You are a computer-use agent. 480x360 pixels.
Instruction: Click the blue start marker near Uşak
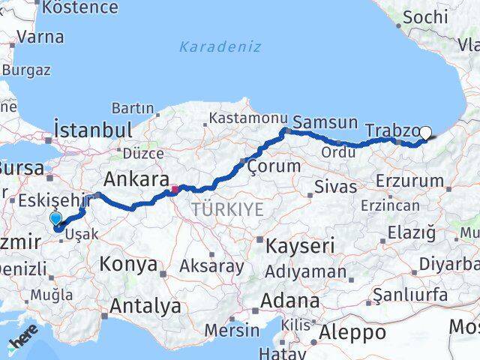click(55, 218)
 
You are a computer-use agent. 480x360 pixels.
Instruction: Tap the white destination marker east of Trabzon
click(425, 133)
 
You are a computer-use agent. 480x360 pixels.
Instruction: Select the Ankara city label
click(136, 179)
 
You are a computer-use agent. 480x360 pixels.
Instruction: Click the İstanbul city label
click(94, 129)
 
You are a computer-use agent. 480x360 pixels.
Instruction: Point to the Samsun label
click(325, 122)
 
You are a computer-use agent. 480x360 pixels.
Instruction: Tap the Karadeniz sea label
click(220, 46)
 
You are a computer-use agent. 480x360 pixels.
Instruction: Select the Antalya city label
click(145, 306)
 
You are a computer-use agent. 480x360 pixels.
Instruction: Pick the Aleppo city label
click(353, 332)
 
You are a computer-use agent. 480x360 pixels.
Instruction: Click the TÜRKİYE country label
click(227, 210)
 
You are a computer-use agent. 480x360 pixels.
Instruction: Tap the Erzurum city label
click(409, 181)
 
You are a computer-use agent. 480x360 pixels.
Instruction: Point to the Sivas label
click(335, 187)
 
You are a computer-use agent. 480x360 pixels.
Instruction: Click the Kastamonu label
click(238, 118)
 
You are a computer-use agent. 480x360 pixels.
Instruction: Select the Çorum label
click(274, 166)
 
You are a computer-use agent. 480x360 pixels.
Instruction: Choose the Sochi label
click(425, 16)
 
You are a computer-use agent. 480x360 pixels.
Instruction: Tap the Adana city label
click(290, 301)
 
